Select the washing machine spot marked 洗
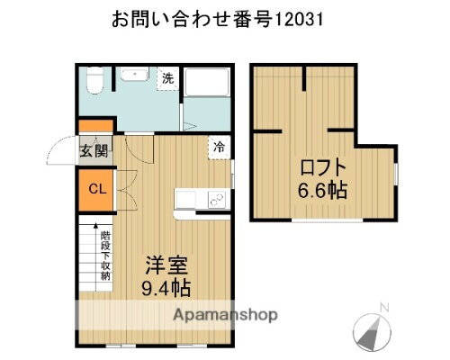167,78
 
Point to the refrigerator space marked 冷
219,145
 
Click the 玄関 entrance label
94,150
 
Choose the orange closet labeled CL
94,189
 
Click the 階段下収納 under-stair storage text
105,256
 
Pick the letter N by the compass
384,309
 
